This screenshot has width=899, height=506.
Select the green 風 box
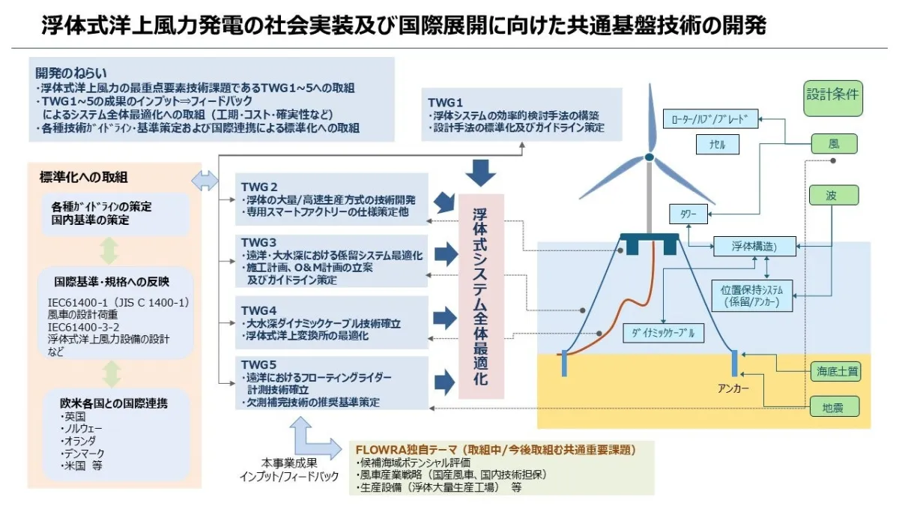[x=834, y=143]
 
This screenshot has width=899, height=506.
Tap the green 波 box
[x=833, y=196]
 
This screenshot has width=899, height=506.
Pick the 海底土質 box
[x=834, y=370]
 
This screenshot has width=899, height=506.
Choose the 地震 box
[x=834, y=408]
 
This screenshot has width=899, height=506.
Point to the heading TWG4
[x=259, y=309]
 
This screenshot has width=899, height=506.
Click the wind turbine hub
[x=649, y=157]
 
